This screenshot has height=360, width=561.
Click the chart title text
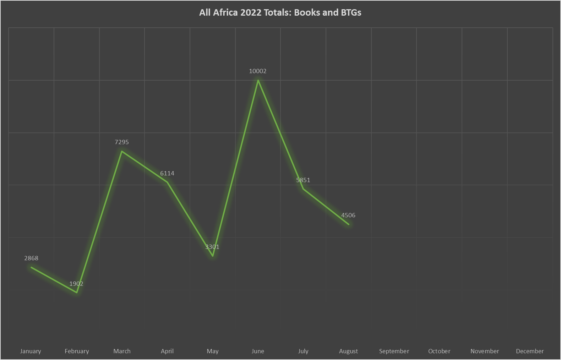pos(280,13)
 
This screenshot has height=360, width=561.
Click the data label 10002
pos(257,71)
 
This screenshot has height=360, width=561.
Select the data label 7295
pos(121,142)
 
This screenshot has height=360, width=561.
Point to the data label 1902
pos(76,284)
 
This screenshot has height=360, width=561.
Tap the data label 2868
pos(31,258)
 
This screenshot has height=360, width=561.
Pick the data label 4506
pos(348,215)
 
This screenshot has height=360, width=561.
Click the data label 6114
pos(167,173)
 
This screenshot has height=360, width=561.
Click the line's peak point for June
pos(258,80)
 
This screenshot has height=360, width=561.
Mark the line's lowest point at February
pos(77,293)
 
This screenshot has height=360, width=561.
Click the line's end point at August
pos(348,224)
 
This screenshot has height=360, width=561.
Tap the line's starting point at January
pos(31,267)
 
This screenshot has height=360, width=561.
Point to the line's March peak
pos(122,151)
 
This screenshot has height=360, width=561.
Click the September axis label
pos(394,351)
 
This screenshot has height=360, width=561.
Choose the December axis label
pos(529,351)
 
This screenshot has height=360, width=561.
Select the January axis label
pos(31,351)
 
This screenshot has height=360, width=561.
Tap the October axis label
pos(439,351)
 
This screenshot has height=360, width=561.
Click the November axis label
pos(484,351)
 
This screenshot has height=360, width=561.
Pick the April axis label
pos(167,351)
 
